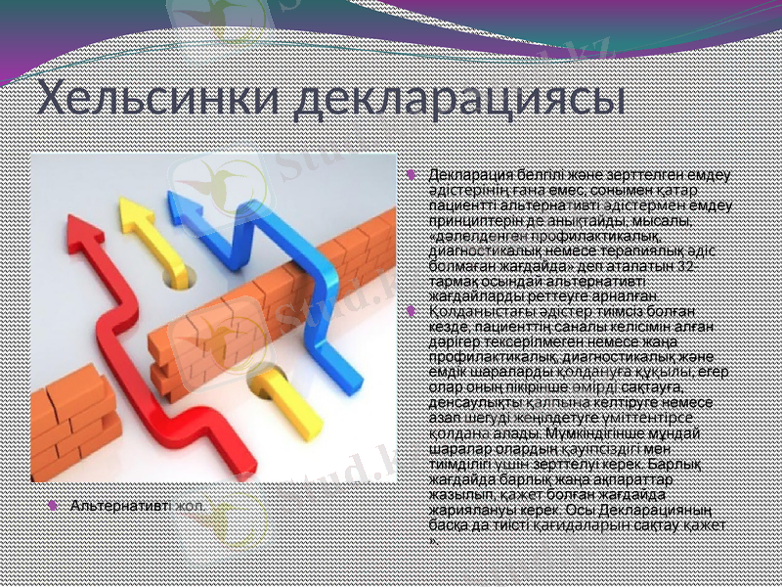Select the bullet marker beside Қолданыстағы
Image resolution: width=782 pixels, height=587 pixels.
click(412, 310)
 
